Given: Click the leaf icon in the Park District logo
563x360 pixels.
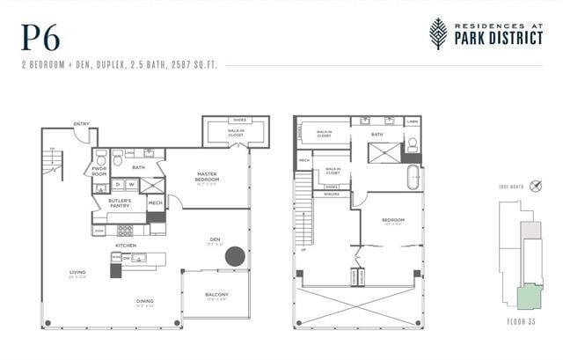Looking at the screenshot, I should (x=437, y=33).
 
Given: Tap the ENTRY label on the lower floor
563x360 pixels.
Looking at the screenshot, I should (x=81, y=123).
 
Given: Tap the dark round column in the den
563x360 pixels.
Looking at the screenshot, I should (x=235, y=257).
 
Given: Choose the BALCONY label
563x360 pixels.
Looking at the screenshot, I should (x=216, y=294).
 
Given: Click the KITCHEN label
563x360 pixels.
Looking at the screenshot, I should (x=126, y=245).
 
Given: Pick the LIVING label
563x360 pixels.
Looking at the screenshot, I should (x=77, y=273).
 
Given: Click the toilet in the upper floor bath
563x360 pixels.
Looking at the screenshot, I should (x=412, y=145).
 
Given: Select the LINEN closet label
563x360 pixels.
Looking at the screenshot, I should (x=413, y=121).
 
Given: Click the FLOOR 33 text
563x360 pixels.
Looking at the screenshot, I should (x=523, y=322).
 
